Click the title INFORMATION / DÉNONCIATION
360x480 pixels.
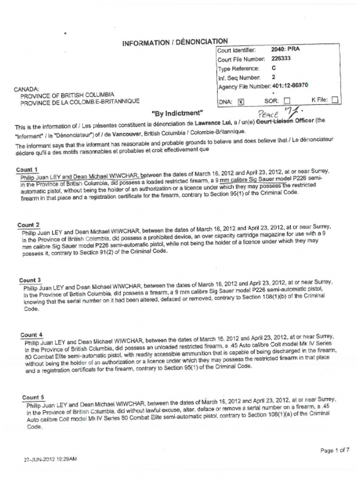(x=175, y=42)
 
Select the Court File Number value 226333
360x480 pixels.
(x=281, y=59)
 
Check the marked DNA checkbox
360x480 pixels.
(x=241, y=101)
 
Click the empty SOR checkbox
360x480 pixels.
(x=287, y=101)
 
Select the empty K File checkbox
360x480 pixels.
(x=335, y=100)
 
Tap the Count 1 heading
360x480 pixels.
(x=27, y=169)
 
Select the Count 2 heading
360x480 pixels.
(x=29, y=225)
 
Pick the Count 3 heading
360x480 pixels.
(x=30, y=280)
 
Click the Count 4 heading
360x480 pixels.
(x=31, y=335)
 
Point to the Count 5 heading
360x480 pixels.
(x=33, y=397)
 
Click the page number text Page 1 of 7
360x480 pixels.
(x=335, y=450)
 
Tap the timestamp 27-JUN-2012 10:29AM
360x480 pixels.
(x=50, y=459)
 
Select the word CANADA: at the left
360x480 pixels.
(x=27, y=89)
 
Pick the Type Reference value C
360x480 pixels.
(x=273, y=68)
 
